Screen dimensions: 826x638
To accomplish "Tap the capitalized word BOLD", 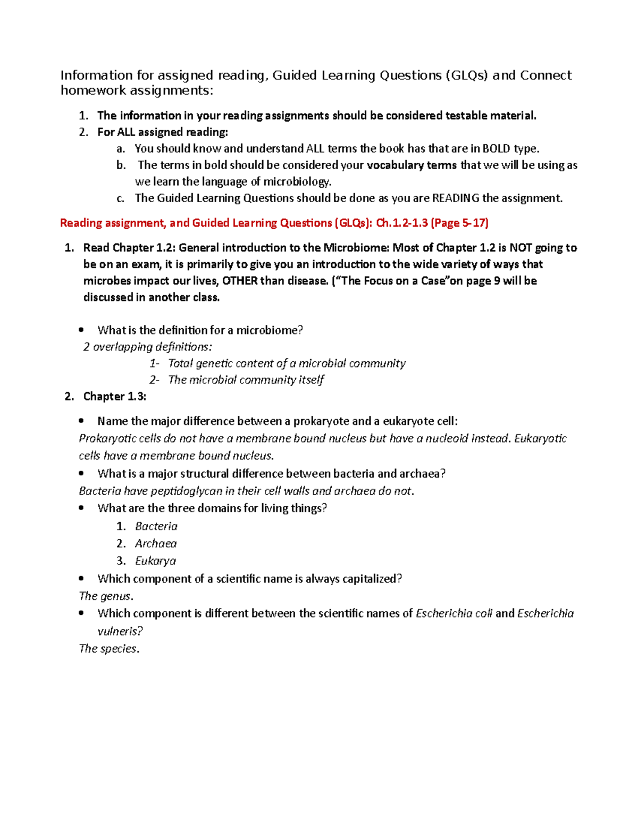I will [x=496, y=148].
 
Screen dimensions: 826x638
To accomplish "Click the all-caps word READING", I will [x=456, y=198].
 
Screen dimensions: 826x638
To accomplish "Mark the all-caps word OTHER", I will [x=240, y=281].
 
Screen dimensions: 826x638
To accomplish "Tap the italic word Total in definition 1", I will [x=181, y=363].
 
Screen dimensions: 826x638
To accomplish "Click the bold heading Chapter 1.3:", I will [x=114, y=396].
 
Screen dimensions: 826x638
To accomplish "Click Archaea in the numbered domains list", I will [x=155, y=544].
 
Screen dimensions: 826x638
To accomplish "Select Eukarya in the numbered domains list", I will [x=155, y=561].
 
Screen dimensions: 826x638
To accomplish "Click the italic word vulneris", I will [x=119, y=631].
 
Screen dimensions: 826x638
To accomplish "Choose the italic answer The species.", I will [x=108, y=648].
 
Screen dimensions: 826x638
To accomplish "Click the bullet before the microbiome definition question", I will [x=81, y=330].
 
